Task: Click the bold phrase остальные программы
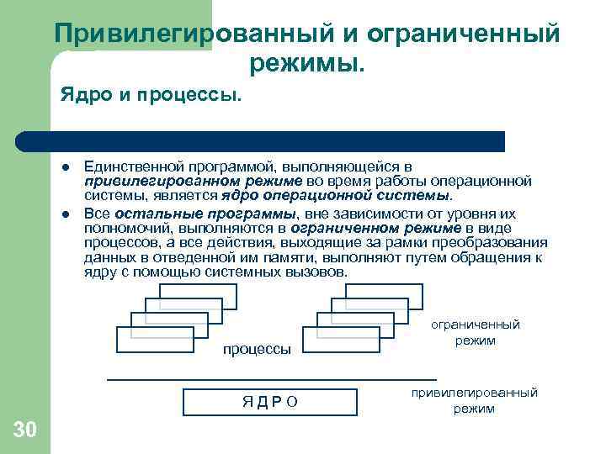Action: tap(163, 214)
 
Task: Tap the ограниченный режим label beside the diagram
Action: tap(475, 333)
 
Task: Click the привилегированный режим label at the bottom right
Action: tap(475, 401)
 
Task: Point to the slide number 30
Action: tap(25, 430)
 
